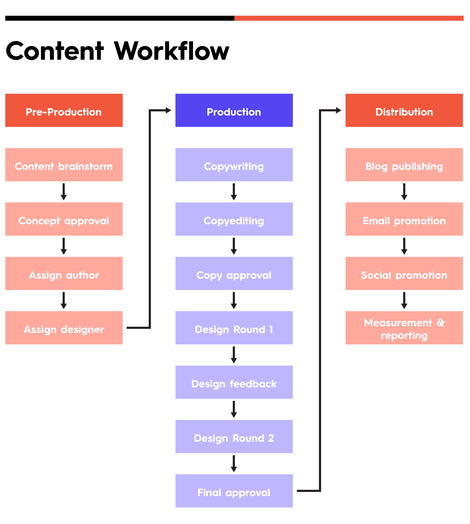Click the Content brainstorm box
tap(64, 165)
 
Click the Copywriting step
tap(234, 165)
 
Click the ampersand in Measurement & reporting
tap(441, 323)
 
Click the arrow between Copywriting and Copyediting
tap(234, 192)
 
